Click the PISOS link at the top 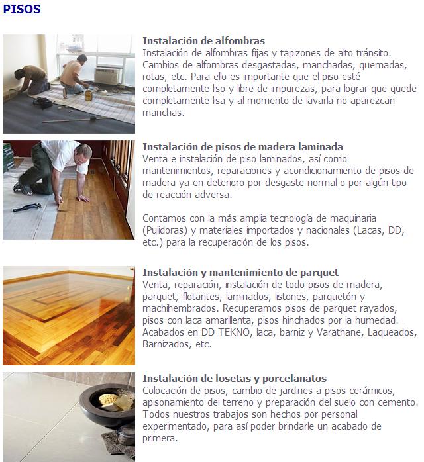[x=21, y=9]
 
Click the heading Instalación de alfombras [x=204, y=40]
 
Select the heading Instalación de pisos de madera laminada [x=242, y=147]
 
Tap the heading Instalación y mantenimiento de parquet [x=240, y=273]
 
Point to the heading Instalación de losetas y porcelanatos [x=235, y=379]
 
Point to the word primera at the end [x=160, y=438]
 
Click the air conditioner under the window [x=107, y=75]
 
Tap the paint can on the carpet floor [x=89, y=95]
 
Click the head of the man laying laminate [x=83, y=154]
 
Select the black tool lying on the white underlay [x=27, y=207]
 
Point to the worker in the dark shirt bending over [x=32, y=80]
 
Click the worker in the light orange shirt [x=74, y=75]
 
